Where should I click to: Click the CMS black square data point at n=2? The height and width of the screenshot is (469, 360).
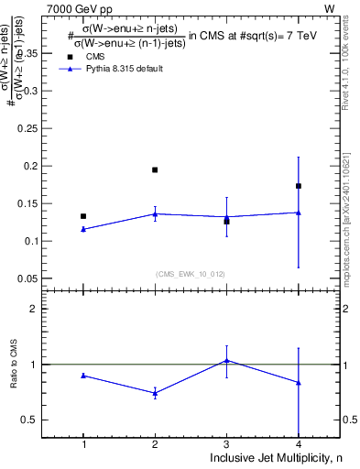point(155,169)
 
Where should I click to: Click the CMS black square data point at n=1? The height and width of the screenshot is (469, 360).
point(83,216)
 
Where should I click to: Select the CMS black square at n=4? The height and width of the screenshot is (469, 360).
point(299,186)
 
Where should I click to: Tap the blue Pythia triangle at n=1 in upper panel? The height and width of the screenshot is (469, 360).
point(83,229)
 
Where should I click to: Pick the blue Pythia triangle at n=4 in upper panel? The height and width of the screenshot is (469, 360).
point(299,213)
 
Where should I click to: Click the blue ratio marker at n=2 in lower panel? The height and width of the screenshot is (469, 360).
point(155,393)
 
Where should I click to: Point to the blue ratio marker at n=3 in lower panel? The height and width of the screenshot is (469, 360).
point(226,361)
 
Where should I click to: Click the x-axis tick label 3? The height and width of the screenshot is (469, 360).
point(226,444)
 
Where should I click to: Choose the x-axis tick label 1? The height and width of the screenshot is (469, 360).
point(83,444)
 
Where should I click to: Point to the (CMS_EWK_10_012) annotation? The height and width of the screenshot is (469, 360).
point(191,274)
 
